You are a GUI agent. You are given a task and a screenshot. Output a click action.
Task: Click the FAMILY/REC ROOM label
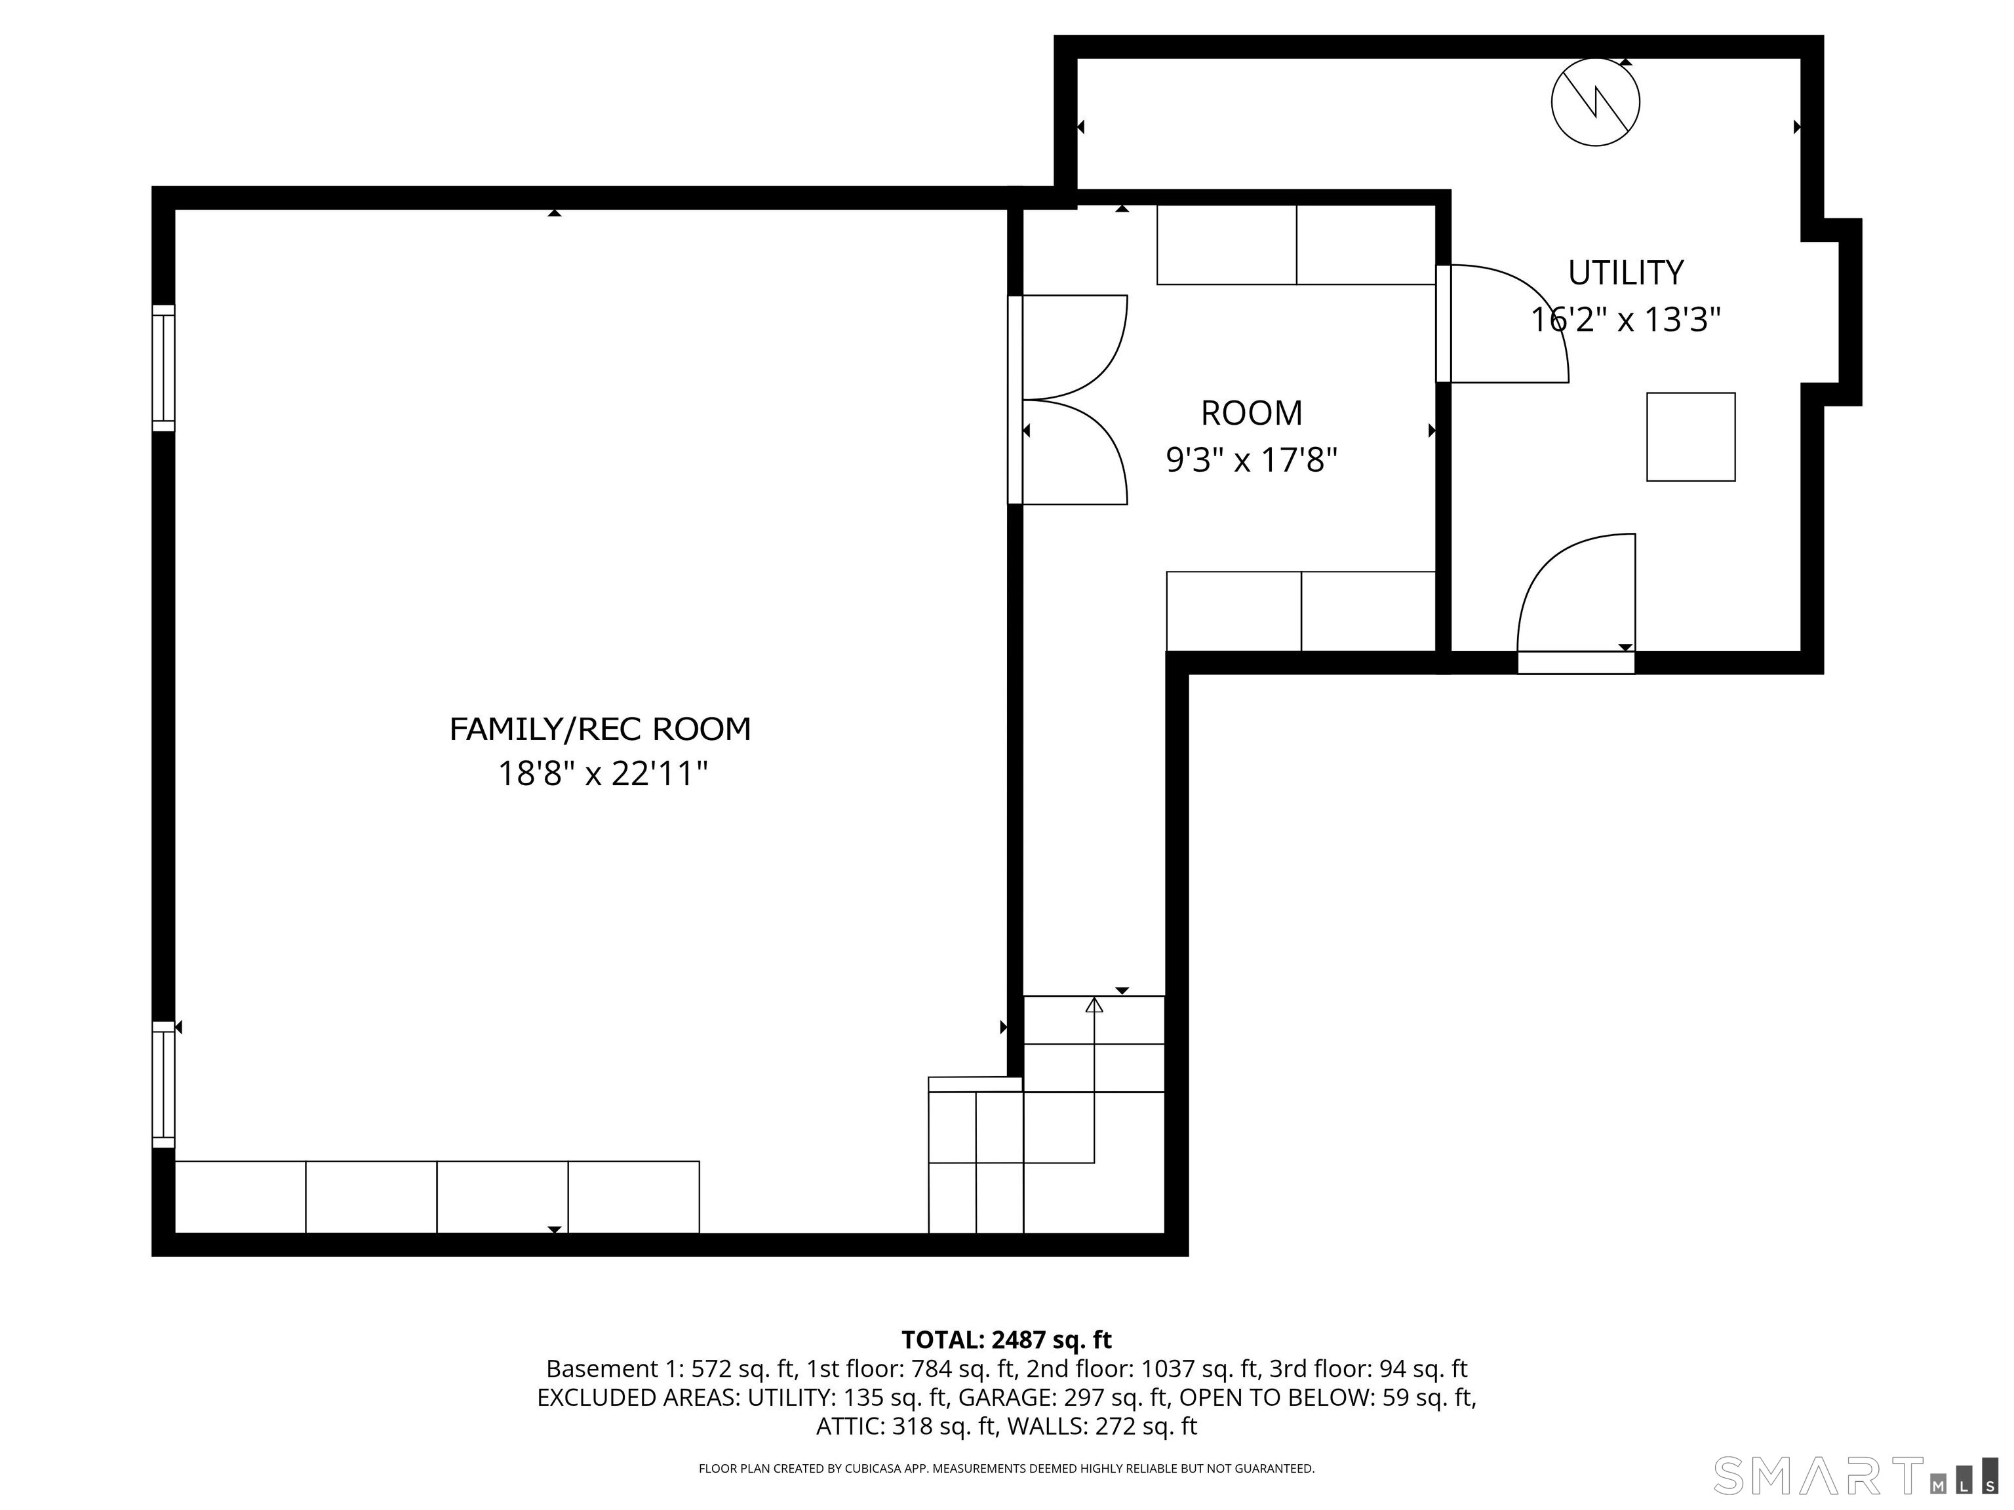coord(600,729)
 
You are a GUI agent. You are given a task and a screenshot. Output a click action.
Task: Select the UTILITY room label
coord(1625,272)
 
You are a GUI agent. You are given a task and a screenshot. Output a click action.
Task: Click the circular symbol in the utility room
coord(1595,101)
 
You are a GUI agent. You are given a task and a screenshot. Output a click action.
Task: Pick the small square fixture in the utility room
coord(1690,437)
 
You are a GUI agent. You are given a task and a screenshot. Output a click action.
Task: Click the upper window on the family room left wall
coord(163,368)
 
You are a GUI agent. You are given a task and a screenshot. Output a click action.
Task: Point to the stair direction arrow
coord(1094,1005)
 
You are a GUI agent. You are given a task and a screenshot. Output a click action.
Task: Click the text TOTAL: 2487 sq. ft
coord(1006,1340)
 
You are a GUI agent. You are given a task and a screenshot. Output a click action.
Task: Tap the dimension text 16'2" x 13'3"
coord(1625,320)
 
